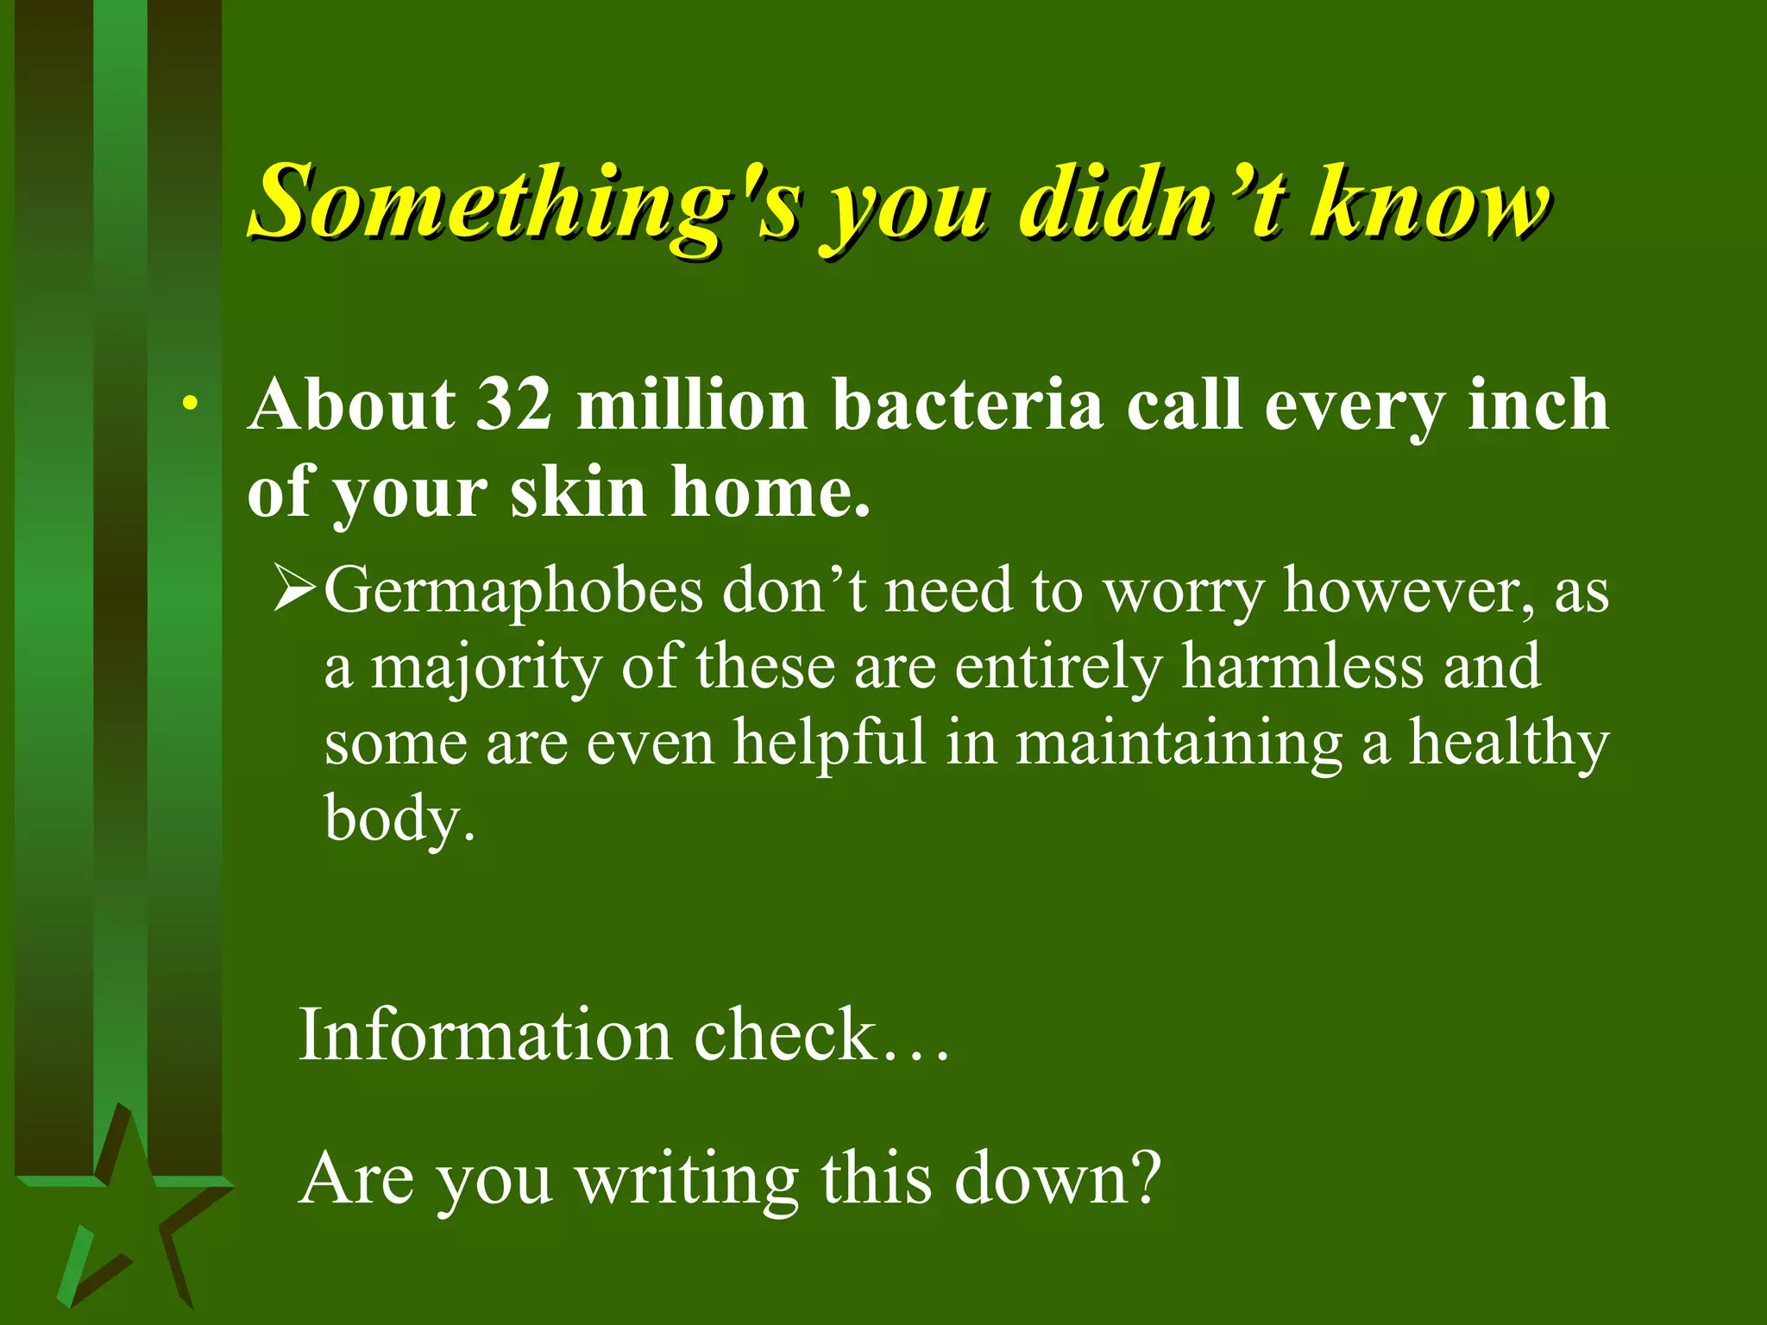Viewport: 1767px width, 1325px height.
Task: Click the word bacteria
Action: (967, 405)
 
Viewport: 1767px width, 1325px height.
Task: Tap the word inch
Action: (1537, 405)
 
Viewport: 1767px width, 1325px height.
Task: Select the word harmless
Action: (1302, 668)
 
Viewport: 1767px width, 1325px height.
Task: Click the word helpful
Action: (828, 744)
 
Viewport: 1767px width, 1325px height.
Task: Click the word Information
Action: (484, 1035)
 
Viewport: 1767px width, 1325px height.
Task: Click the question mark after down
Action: (1147, 1178)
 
